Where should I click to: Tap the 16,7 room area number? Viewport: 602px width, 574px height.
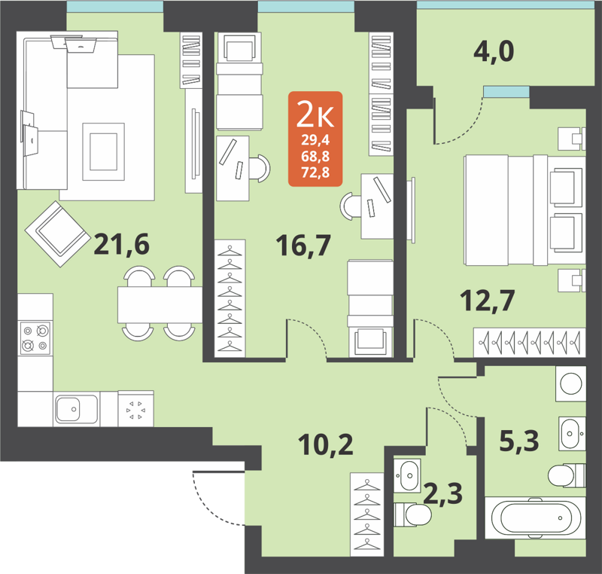tap(304, 245)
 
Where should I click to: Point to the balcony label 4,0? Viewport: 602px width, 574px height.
tap(494, 53)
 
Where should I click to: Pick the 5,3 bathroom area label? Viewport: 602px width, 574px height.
tap(519, 439)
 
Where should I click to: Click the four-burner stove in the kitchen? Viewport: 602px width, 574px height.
tap(35, 337)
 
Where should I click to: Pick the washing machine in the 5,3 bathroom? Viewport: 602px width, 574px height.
tap(570, 383)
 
